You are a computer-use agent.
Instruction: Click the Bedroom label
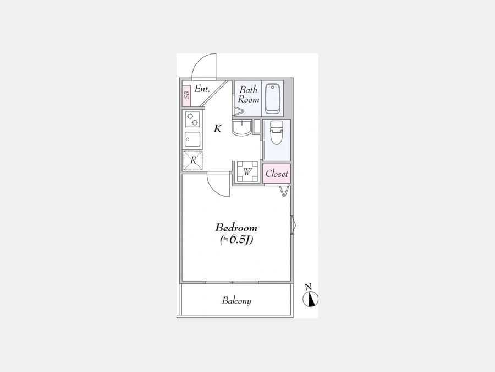click(x=236, y=228)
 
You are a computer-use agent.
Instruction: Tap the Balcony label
click(x=237, y=300)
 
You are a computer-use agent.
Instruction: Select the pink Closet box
click(x=277, y=174)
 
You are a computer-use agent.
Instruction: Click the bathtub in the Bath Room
click(x=272, y=99)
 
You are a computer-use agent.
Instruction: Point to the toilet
click(x=277, y=132)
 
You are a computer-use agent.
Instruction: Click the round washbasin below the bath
click(x=241, y=128)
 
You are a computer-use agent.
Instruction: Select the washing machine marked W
click(x=248, y=172)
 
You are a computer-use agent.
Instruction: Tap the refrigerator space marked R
click(x=193, y=160)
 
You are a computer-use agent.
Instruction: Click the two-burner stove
click(x=193, y=119)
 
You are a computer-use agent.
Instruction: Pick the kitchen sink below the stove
click(x=193, y=139)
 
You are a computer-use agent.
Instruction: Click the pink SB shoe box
click(x=186, y=95)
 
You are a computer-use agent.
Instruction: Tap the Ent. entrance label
click(x=202, y=89)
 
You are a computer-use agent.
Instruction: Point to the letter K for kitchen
click(x=218, y=129)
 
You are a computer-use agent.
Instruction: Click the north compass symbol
click(x=311, y=299)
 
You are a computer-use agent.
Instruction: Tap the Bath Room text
click(x=249, y=94)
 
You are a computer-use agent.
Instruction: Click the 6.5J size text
click(x=237, y=240)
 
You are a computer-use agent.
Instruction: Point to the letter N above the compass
click(x=309, y=287)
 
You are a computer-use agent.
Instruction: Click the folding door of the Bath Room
click(x=239, y=111)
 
